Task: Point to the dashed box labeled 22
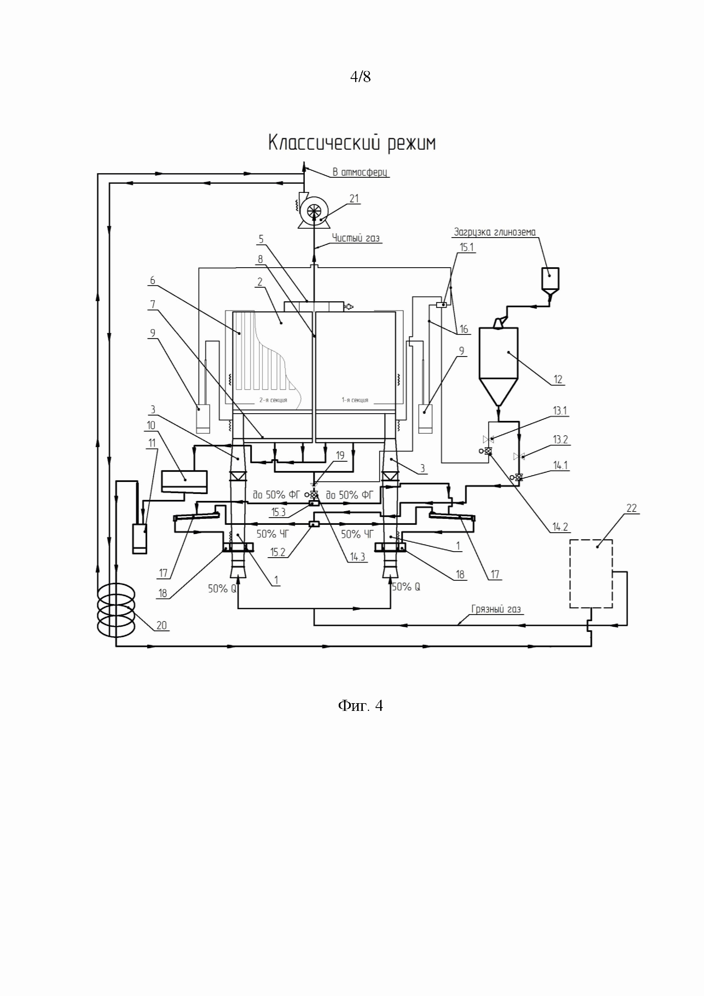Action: [591, 573]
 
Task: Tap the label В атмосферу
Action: [360, 172]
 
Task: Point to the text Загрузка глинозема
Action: [495, 232]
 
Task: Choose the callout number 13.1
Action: [560, 411]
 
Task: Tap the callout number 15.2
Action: [278, 552]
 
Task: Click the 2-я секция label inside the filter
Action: [273, 400]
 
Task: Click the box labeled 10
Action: [184, 481]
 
